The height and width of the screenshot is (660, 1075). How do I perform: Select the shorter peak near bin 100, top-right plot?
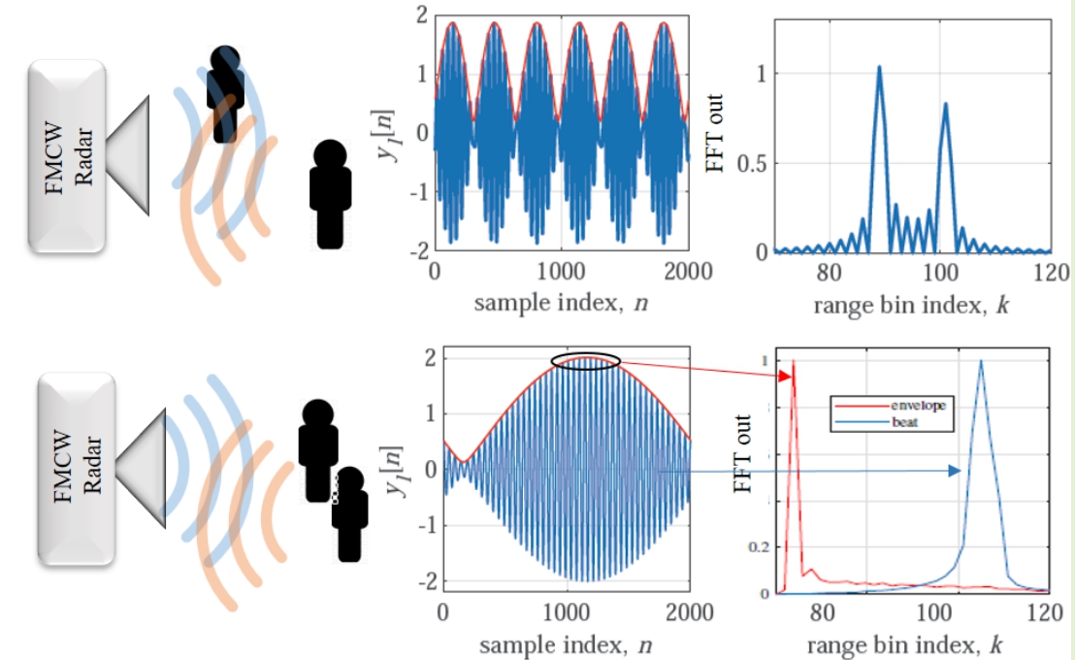coord(945,105)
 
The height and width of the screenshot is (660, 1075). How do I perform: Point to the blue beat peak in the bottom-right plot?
coord(981,363)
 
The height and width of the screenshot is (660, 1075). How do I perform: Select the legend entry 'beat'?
coord(908,422)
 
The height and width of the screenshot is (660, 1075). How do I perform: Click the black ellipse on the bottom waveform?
coord(585,361)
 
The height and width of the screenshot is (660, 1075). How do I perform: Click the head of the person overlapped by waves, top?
coord(225,60)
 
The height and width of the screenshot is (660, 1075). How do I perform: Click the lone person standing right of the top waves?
coord(331,190)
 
